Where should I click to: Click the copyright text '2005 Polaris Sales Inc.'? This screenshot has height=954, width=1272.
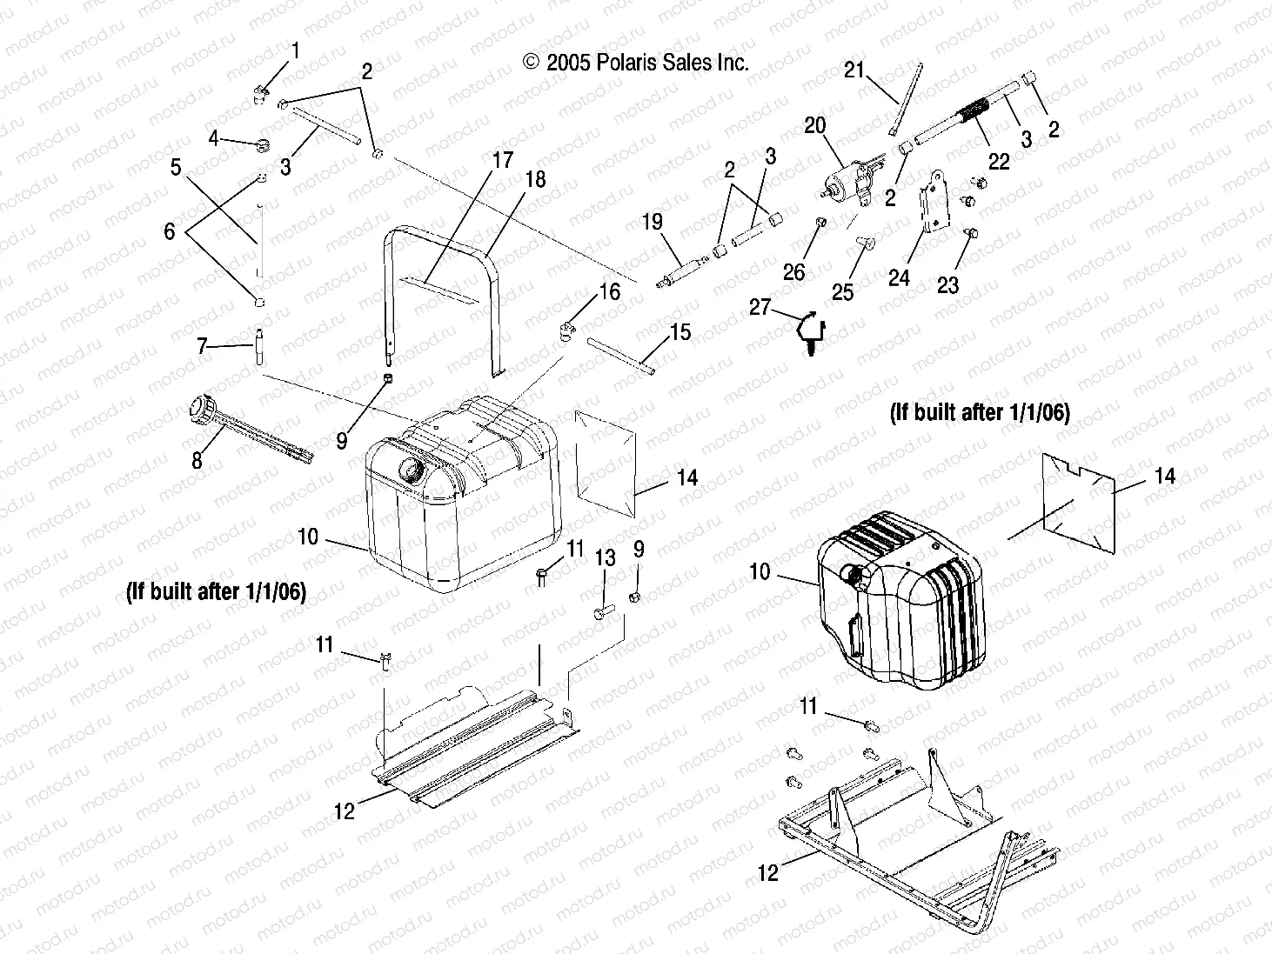click(x=635, y=62)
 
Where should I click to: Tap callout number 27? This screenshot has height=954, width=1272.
click(x=760, y=308)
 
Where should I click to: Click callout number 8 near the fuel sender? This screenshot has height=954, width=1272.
click(x=197, y=459)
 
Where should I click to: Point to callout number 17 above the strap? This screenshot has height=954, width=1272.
click(x=503, y=161)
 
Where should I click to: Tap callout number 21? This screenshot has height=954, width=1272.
click(x=854, y=70)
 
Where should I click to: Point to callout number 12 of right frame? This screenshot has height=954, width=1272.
click(x=767, y=871)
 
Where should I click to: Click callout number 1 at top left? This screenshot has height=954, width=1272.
click(x=294, y=51)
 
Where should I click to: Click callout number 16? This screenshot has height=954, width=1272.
click(x=610, y=291)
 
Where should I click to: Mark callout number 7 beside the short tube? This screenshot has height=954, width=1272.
click(x=203, y=347)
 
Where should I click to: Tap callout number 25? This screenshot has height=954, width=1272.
click(x=842, y=291)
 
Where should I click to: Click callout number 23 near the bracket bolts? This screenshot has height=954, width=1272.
click(x=947, y=284)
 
